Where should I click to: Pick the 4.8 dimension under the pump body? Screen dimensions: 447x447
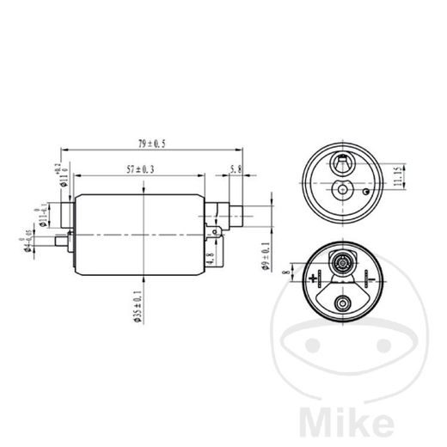coord(211,255)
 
